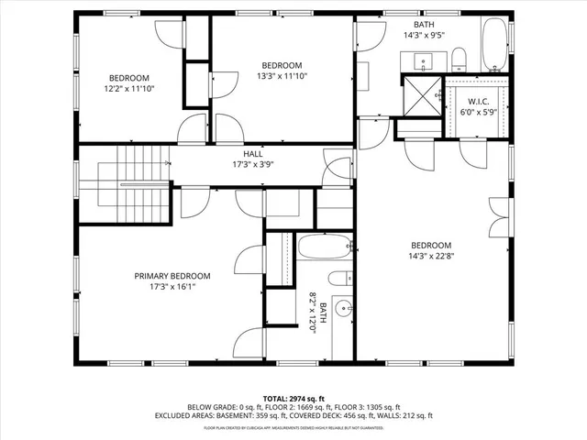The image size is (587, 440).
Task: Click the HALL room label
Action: [x=253, y=154]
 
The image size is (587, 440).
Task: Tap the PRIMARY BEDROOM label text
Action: [x=172, y=276]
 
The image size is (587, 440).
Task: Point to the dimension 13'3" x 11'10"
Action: [x=282, y=76]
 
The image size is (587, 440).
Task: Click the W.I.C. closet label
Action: [x=477, y=101]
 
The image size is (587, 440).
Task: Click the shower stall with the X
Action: [x=422, y=95]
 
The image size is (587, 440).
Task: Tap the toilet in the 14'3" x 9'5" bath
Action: [x=460, y=60]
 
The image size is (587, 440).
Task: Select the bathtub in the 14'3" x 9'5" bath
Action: [x=495, y=46]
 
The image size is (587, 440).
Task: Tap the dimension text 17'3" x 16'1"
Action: [x=172, y=287]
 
